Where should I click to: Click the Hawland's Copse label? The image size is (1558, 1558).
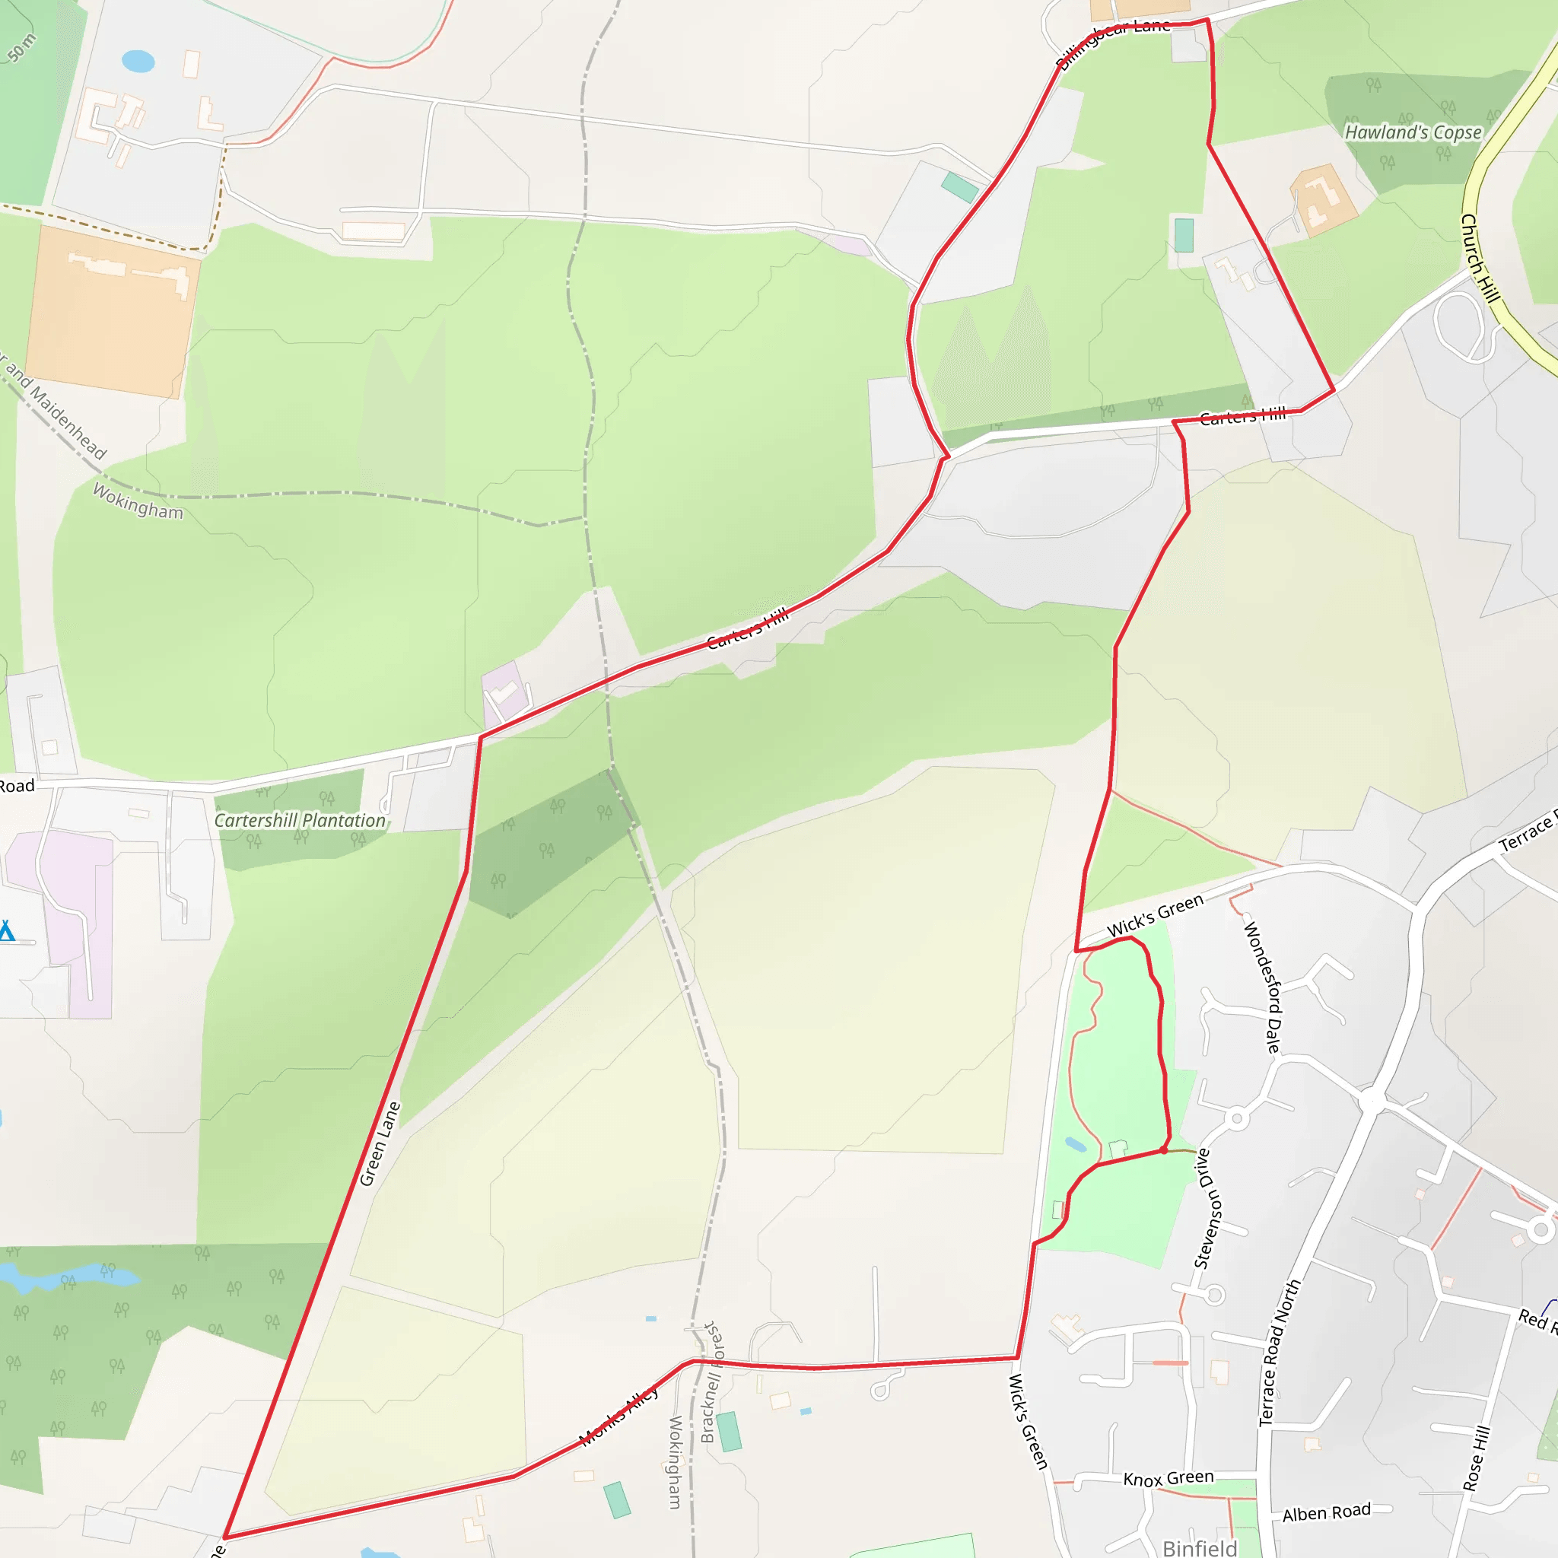[x=1413, y=132]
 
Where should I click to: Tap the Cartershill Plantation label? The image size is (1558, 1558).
[x=300, y=820]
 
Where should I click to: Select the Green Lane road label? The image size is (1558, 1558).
[x=380, y=1143]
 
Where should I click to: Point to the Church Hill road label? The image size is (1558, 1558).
[x=1480, y=258]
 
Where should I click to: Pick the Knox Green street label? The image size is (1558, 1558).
[x=1168, y=1478]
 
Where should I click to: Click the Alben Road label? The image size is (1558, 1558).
[x=1327, y=1512]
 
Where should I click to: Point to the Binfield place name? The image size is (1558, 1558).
[x=1200, y=1547]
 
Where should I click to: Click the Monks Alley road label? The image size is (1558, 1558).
[x=619, y=1415]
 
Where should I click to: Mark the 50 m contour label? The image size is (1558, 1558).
[x=22, y=49]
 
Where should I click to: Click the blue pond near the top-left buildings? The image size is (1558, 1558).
[x=138, y=62]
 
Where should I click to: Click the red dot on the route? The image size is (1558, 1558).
[x=1164, y=1151]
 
